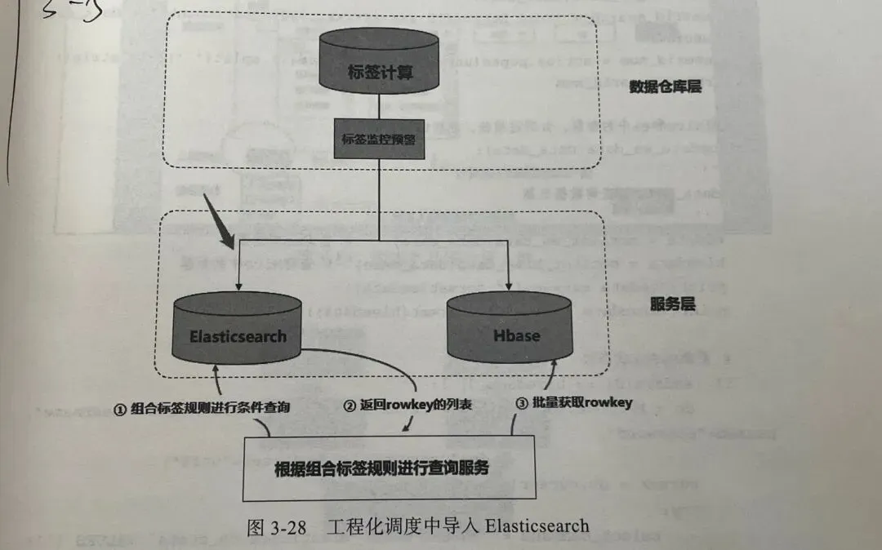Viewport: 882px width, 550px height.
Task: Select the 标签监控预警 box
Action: [x=379, y=138]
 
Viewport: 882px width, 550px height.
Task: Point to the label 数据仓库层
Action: [x=666, y=86]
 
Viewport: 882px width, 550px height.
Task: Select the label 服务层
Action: [x=672, y=304]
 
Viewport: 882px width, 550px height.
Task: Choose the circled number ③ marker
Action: [x=522, y=401]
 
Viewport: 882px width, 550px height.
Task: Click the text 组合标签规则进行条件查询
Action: [x=210, y=409]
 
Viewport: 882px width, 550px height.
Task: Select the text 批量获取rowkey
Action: [x=582, y=401]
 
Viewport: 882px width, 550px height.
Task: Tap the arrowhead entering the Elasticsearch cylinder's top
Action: [x=238, y=285]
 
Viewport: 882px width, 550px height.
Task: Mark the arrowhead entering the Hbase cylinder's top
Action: [x=510, y=285]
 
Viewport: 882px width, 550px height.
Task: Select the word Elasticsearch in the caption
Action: [x=537, y=526]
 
